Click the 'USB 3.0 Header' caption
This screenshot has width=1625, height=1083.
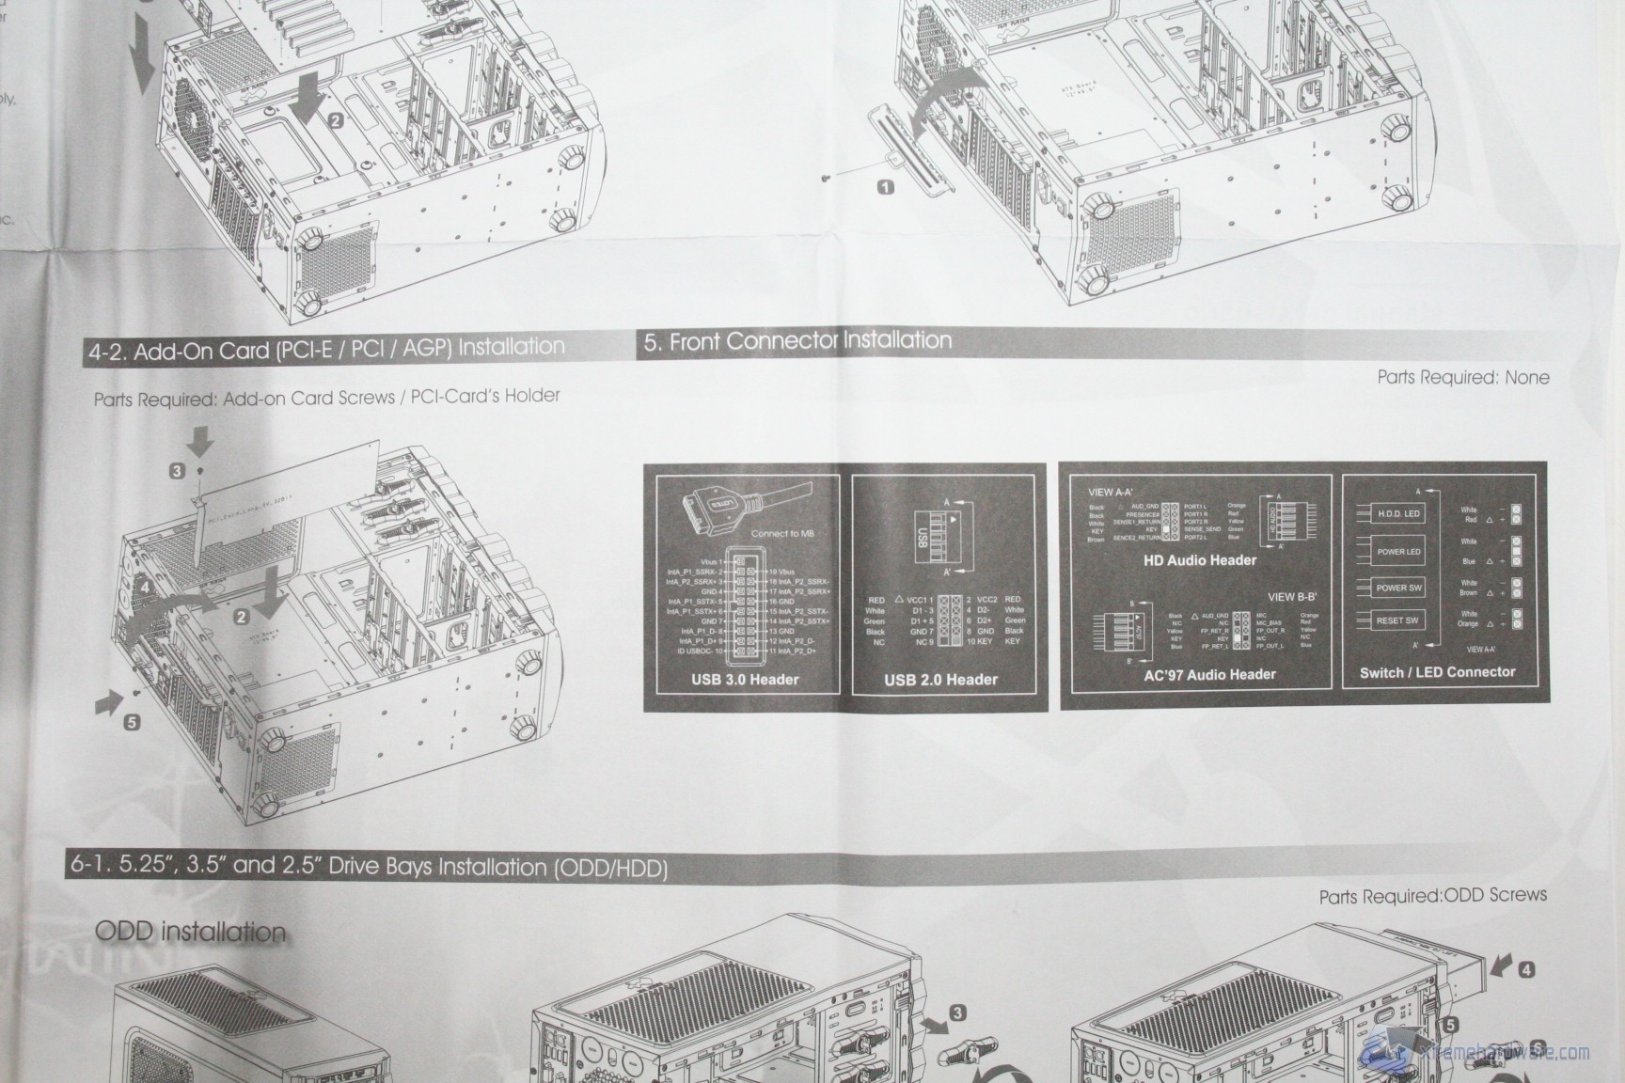tap(744, 680)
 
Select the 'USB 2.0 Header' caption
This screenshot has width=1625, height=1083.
tap(940, 680)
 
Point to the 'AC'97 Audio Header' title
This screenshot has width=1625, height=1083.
tap(1209, 674)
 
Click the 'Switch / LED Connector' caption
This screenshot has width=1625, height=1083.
tap(1437, 672)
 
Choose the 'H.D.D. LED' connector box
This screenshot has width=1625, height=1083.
tap(1398, 514)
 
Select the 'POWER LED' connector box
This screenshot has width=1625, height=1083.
tap(1398, 552)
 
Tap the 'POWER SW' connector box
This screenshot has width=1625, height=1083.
tap(1398, 589)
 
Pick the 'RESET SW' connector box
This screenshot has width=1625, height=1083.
tap(1397, 620)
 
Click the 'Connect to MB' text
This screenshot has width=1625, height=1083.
tap(782, 533)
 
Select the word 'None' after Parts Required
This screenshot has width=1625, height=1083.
tap(1526, 377)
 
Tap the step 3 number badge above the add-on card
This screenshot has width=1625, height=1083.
tap(177, 471)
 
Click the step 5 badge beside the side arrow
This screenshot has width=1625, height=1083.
tap(132, 722)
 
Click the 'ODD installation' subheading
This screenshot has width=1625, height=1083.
tap(190, 932)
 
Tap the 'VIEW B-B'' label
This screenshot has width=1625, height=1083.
tap(1292, 597)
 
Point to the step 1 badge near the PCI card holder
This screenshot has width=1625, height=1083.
tap(885, 187)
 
